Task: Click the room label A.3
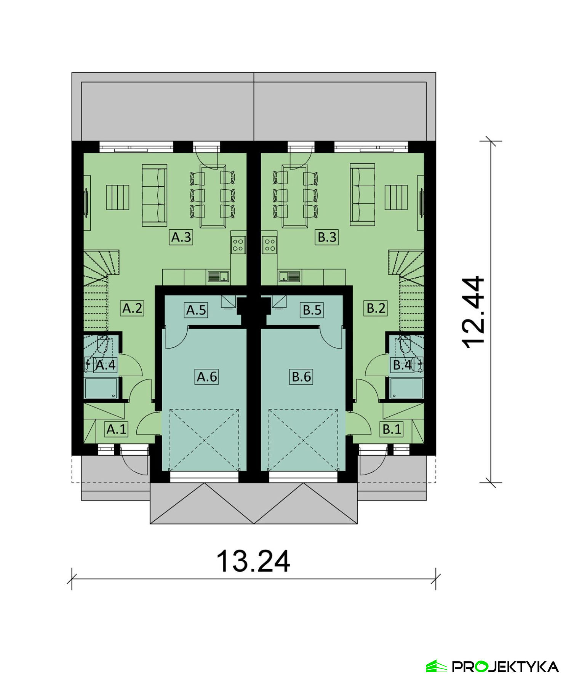pyautogui.click(x=181, y=237)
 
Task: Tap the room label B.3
pyautogui.click(x=327, y=237)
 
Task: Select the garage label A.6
pyautogui.click(x=207, y=377)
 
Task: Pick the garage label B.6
pyautogui.click(x=301, y=377)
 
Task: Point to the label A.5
pyautogui.click(x=196, y=310)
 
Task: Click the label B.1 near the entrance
pyautogui.click(x=392, y=429)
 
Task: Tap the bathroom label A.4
pyautogui.click(x=106, y=365)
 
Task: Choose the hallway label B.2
pyautogui.click(x=376, y=308)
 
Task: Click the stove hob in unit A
pyautogui.click(x=238, y=245)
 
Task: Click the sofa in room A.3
pyautogui.click(x=154, y=195)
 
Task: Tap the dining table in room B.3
pyautogui.click(x=295, y=196)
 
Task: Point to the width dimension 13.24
pyautogui.click(x=253, y=561)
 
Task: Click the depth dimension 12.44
pyautogui.click(x=473, y=312)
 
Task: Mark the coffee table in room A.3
pyautogui.click(x=118, y=197)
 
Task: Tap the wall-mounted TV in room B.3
pyautogui.click(x=422, y=203)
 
